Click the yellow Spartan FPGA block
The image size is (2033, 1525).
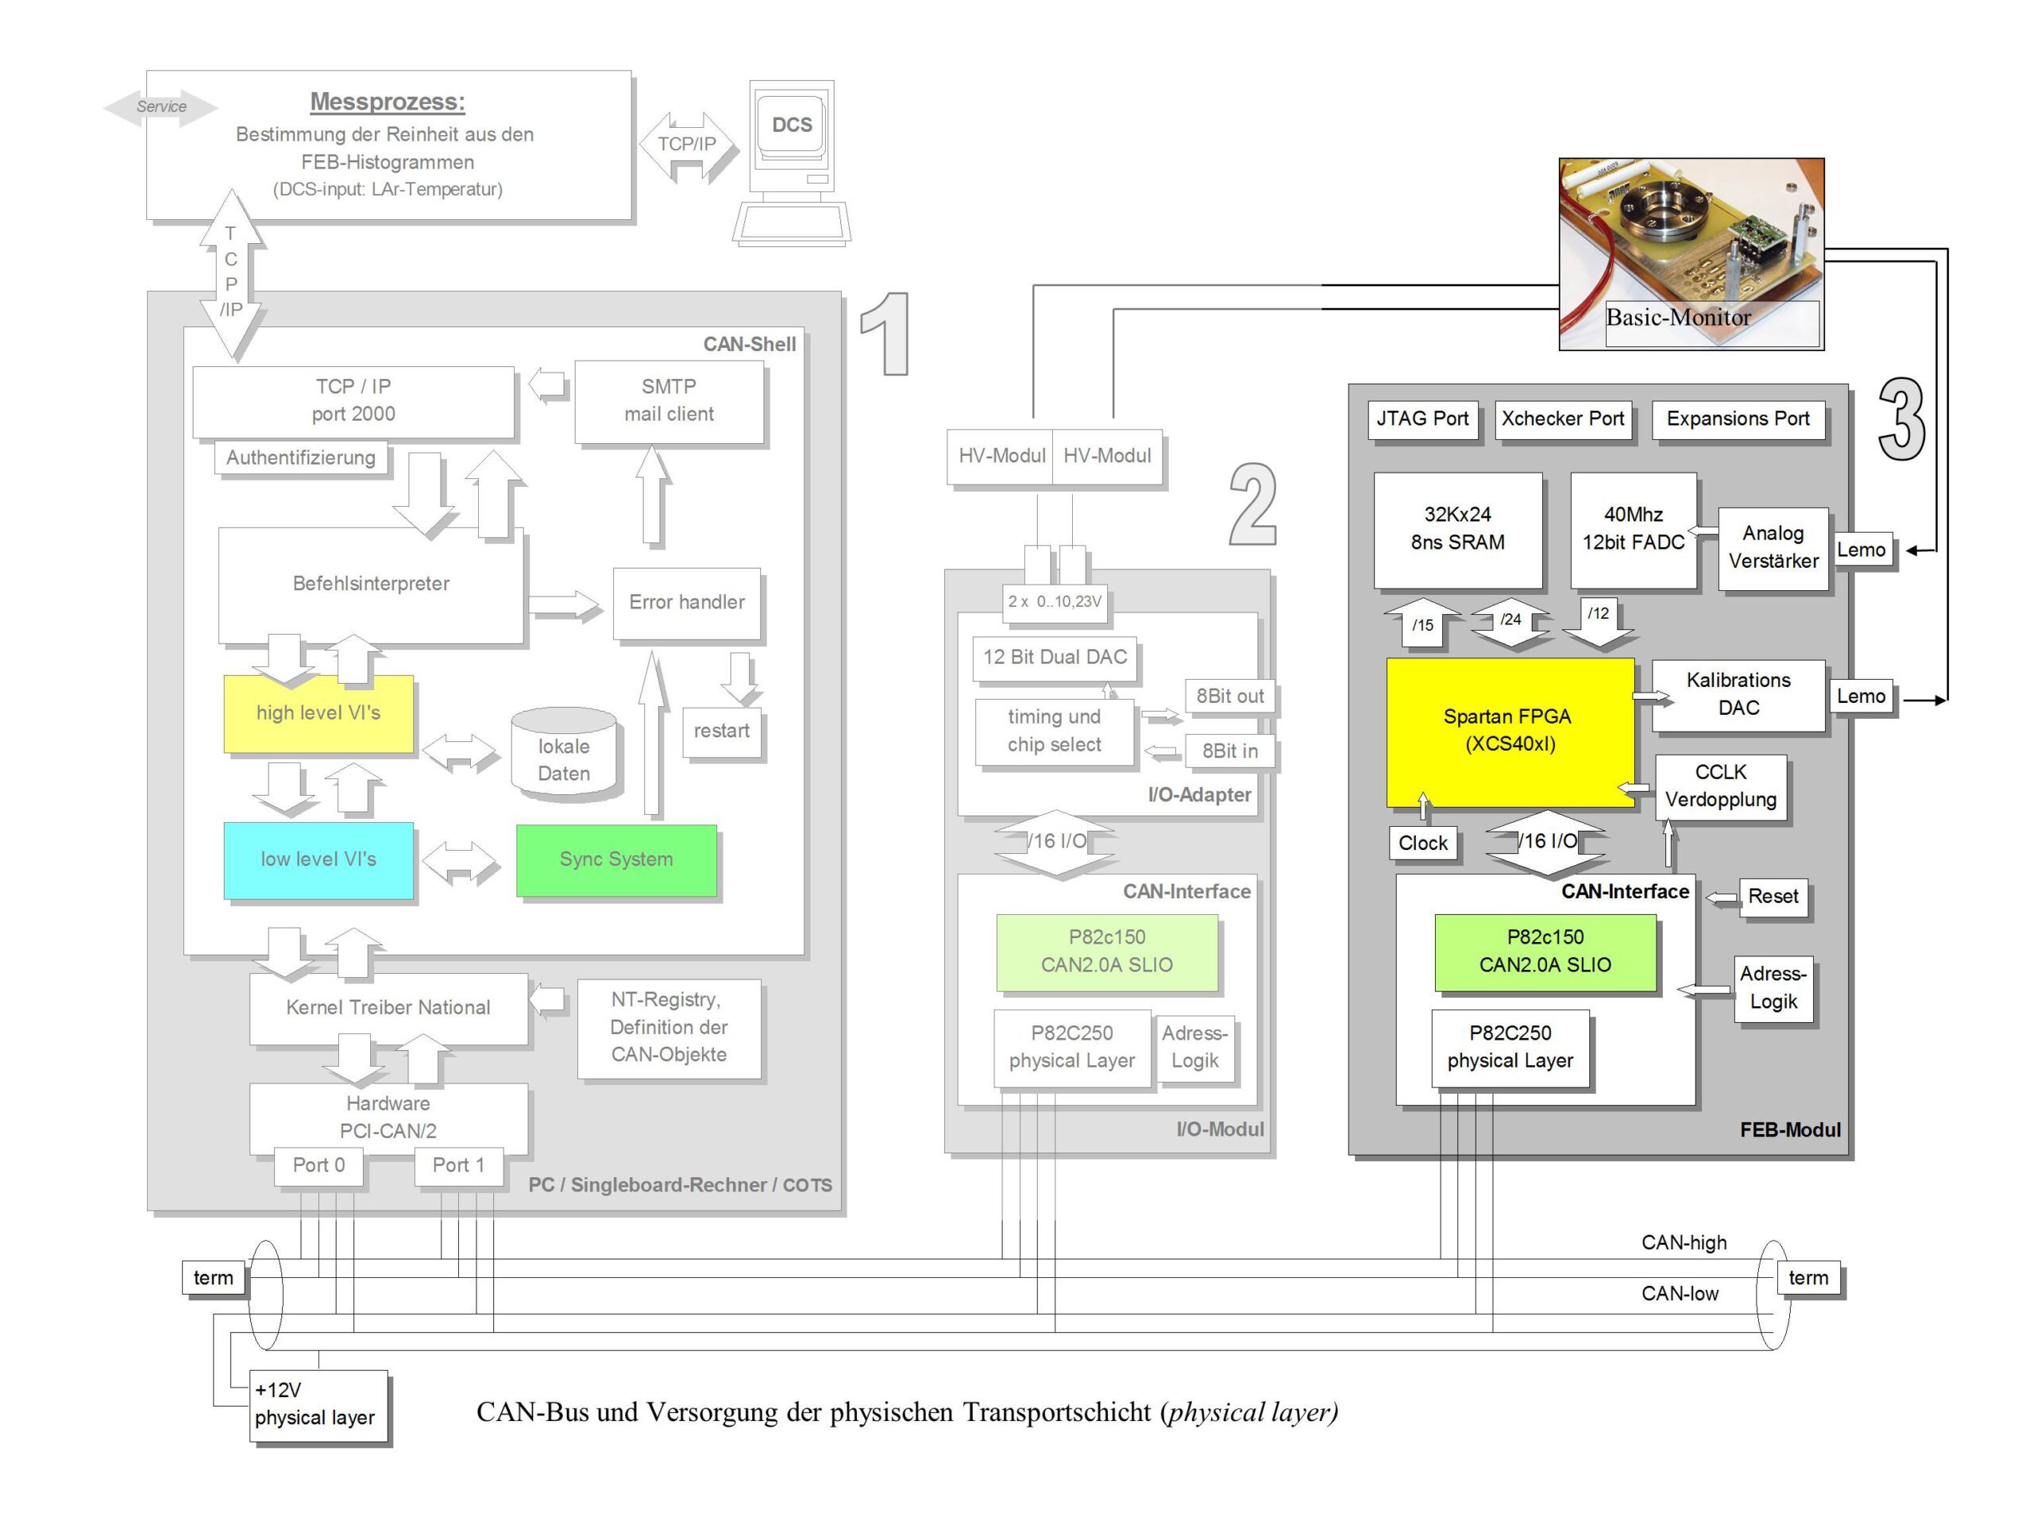pyautogui.click(x=1509, y=731)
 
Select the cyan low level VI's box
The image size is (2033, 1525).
pyautogui.click(x=318, y=859)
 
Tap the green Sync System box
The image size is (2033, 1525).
pyautogui.click(x=615, y=859)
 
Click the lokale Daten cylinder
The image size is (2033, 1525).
pyautogui.click(x=563, y=754)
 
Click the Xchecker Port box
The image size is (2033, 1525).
pyautogui.click(x=1562, y=419)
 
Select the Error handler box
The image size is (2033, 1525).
pyautogui.click(x=687, y=602)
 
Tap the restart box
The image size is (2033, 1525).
pyautogui.click(x=721, y=731)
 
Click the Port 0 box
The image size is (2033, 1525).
pyautogui.click(x=318, y=1165)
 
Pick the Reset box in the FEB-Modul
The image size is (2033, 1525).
pyautogui.click(x=1773, y=896)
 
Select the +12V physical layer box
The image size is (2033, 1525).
pyautogui.click(x=318, y=1404)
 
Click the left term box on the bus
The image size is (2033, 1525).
pyautogui.click(x=213, y=1278)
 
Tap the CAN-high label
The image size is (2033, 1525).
pyautogui.click(x=1684, y=1243)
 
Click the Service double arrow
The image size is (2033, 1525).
pyautogui.click(x=161, y=106)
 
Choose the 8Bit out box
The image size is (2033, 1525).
pyautogui.click(x=1229, y=697)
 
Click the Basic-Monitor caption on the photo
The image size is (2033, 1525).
pyautogui.click(x=1678, y=318)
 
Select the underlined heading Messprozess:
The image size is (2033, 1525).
pyautogui.click(x=387, y=102)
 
